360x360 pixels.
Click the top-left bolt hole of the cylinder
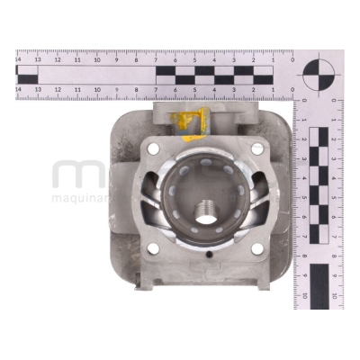pyautogui.click(x=151, y=149)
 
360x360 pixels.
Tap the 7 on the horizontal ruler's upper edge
pyautogui.click(x=157, y=59)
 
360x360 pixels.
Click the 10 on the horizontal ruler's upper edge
pyautogui.click(x=97, y=59)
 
